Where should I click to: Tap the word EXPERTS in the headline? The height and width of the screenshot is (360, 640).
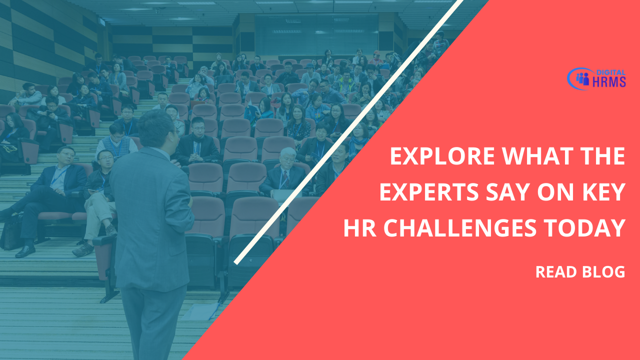pyautogui.click(x=429, y=192)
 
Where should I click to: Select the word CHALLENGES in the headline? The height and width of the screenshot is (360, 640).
pyautogui.click(x=459, y=228)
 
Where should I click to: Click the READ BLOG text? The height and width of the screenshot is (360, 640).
pyautogui.click(x=580, y=271)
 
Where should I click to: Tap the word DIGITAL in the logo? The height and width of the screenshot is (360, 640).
pyautogui.click(x=611, y=72)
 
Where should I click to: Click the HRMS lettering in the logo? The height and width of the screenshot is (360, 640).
pyautogui.click(x=609, y=82)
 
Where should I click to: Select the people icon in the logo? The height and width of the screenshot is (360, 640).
pyautogui.click(x=582, y=79)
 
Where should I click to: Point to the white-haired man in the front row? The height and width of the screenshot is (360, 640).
pyautogui.click(x=284, y=171)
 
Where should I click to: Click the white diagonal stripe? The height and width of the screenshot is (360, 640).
pyautogui.click(x=348, y=132)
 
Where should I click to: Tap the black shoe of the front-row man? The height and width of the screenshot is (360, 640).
pyautogui.click(x=25, y=251)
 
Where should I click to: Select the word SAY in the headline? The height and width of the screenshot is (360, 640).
pyautogui.click(x=508, y=192)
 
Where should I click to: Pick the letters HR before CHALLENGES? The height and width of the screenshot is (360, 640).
pyautogui.click(x=359, y=228)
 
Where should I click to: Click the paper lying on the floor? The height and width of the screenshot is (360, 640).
pyautogui.click(x=201, y=311)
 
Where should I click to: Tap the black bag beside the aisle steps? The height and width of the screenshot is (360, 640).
pyautogui.click(x=12, y=233)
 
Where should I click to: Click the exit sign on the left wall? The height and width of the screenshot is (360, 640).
pyautogui.click(x=102, y=21)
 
